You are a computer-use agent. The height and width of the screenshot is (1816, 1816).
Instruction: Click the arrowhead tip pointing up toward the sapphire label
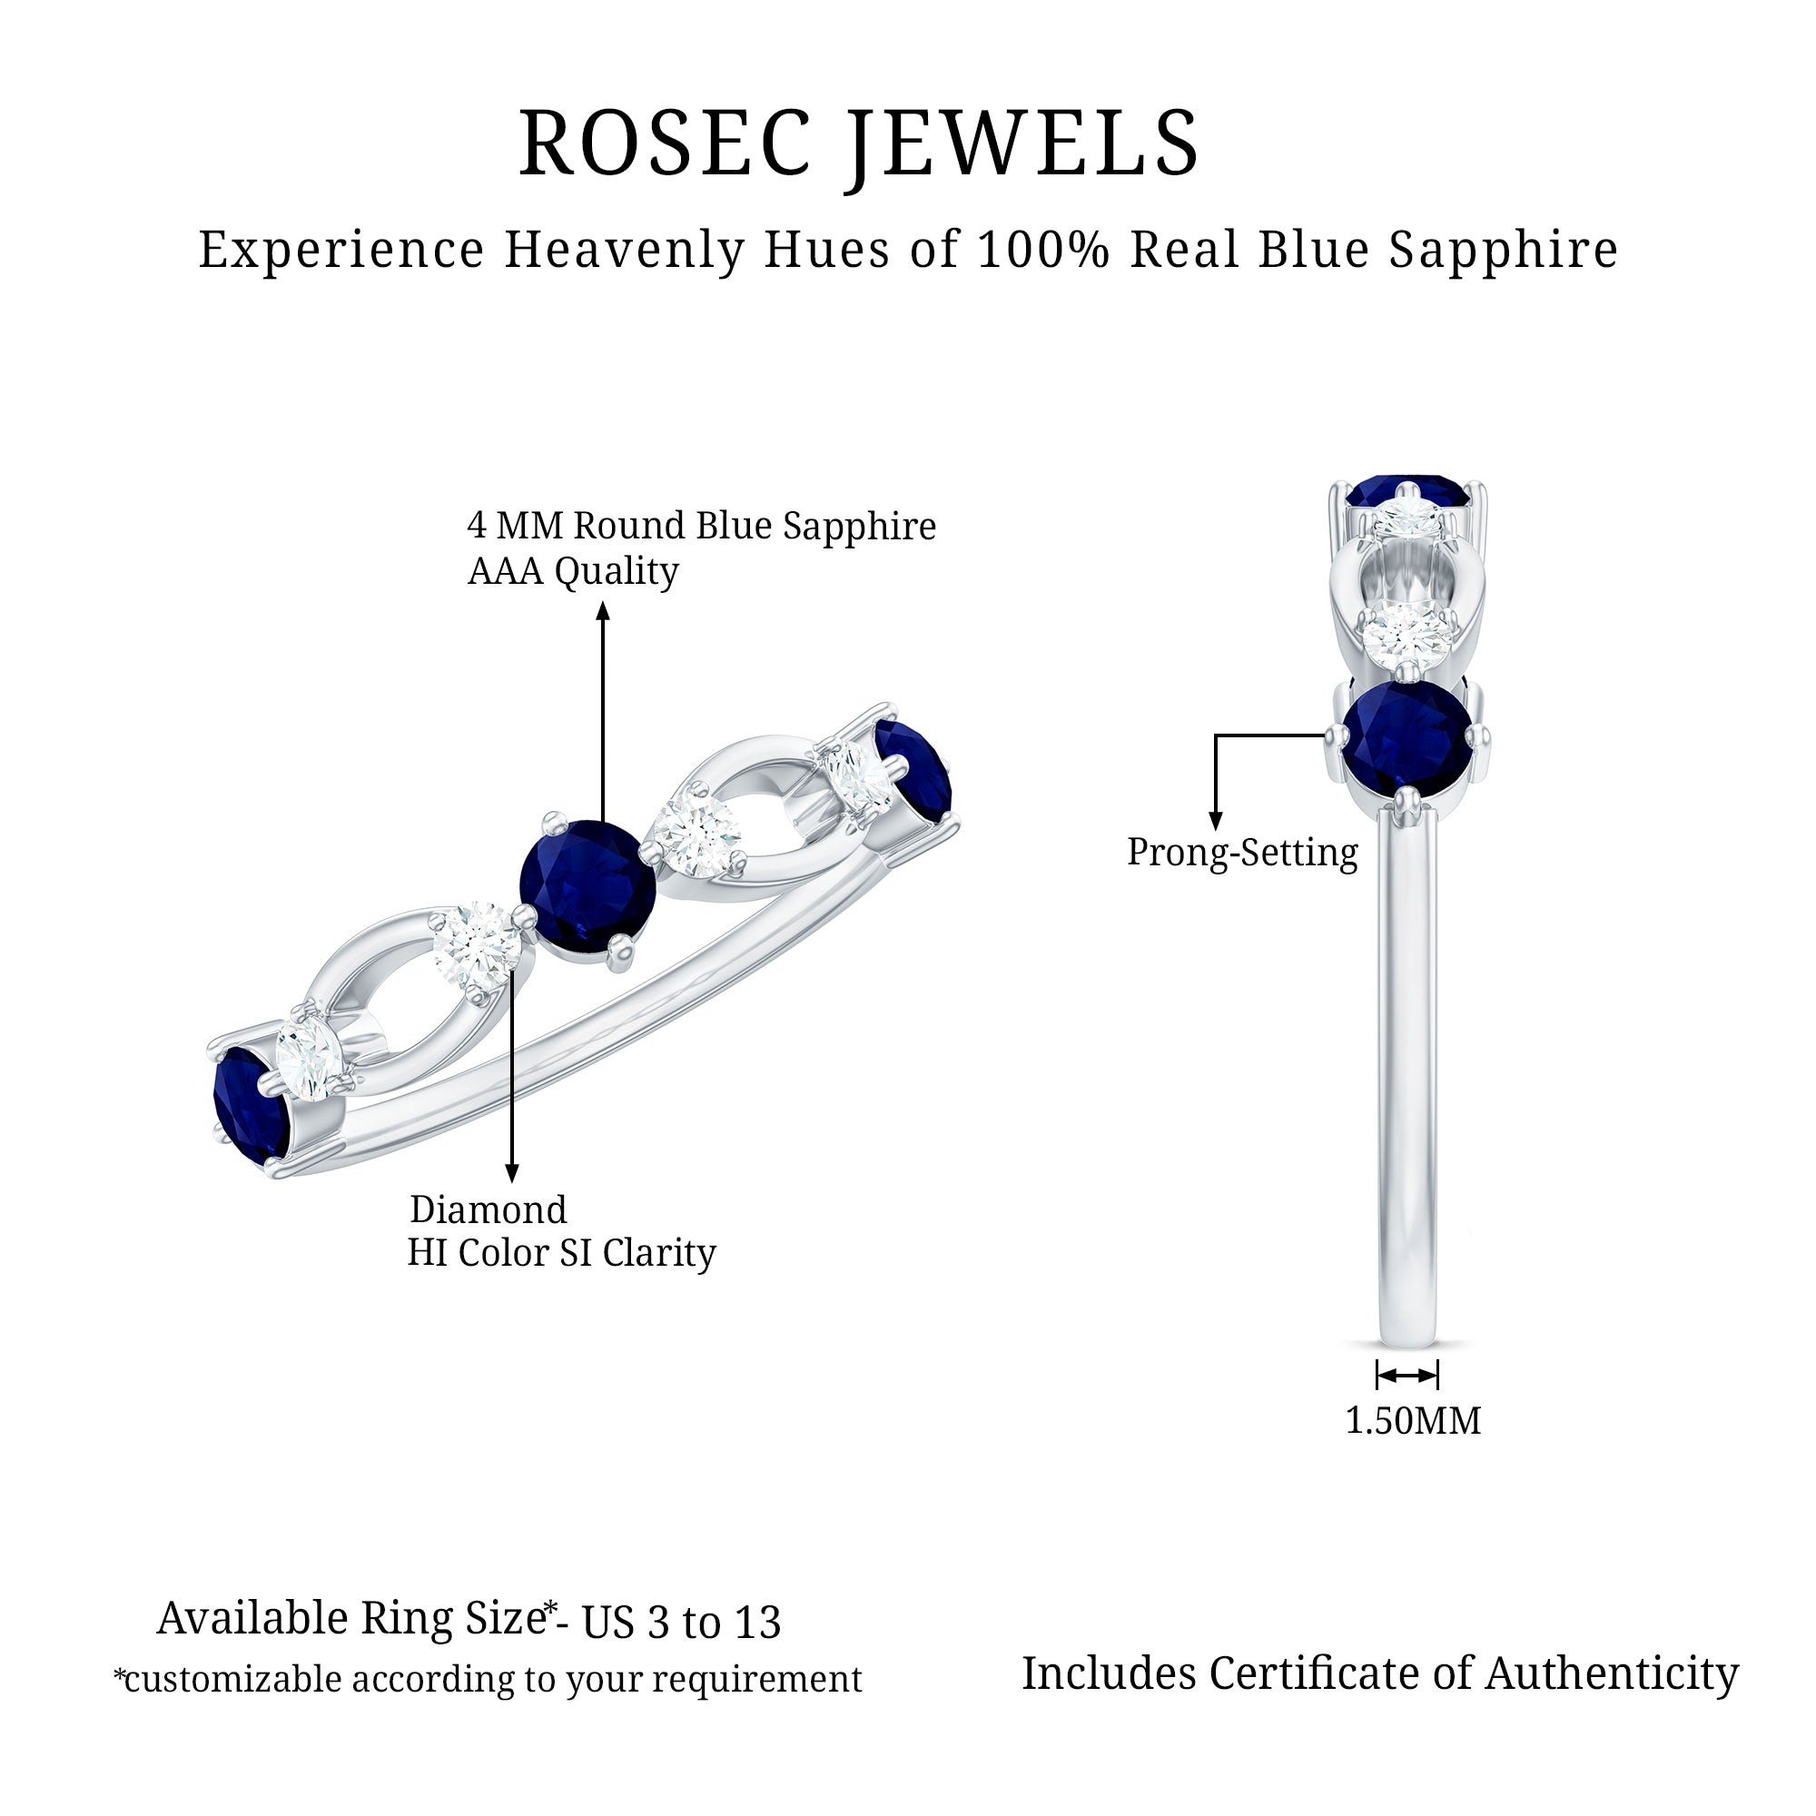pos(604,604)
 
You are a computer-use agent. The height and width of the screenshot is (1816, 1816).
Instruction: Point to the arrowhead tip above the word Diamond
pos(512,1182)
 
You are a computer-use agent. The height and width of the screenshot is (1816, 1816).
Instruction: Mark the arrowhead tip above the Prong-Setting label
pos(1216,831)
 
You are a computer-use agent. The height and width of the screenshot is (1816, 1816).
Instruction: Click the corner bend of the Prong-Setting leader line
pos(1216,735)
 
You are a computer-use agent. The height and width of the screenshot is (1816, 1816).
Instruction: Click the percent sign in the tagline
pos(1089,250)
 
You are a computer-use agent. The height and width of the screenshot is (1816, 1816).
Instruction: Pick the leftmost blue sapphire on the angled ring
pos(249,1106)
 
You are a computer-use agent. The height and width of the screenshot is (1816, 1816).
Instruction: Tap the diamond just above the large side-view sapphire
pos(1406,637)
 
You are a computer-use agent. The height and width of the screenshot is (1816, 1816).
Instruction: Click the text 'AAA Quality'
pos(573,571)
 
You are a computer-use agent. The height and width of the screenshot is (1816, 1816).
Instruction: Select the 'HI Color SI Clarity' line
pos(561,1253)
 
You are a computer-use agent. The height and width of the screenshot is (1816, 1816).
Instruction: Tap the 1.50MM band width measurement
pos(1413,1421)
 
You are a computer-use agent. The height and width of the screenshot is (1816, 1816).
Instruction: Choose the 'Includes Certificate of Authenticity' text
pos(1380,1673)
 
